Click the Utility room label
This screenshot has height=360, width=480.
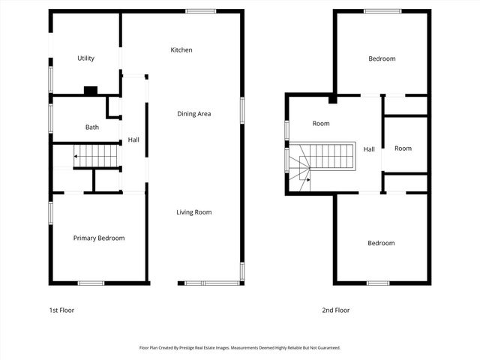click(x=85, y=58)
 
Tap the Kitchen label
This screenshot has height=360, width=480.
click(x=181, y=50)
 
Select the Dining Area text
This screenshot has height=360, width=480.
click(x=193, y=114)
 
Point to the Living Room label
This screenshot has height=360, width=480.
click(x=193, y=212)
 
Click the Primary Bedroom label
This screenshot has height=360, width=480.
click(x=98, y=238)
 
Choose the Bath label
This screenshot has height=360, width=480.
click(x=91, y=127)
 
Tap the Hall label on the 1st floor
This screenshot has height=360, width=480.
click(x=133, y=140)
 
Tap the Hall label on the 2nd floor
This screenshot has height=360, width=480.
click(x=369, y=149)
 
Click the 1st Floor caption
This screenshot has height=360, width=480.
click(x=61, y=310)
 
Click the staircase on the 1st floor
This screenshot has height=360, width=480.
click(x=96, y=156)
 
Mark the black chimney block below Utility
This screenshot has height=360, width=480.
click(x=90, y=91)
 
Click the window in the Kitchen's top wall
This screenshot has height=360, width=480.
click(x=201, y=11)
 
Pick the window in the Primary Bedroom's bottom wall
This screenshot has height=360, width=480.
click(x=91, y=283)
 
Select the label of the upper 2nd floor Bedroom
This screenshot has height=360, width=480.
click(x=381, y=58)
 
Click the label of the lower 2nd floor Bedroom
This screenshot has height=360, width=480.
click(x=381, y=243)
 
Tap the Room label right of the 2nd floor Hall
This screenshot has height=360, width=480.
click(x=403, y=148)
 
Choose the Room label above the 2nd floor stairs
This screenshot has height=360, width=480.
click(x=321, y=124)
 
